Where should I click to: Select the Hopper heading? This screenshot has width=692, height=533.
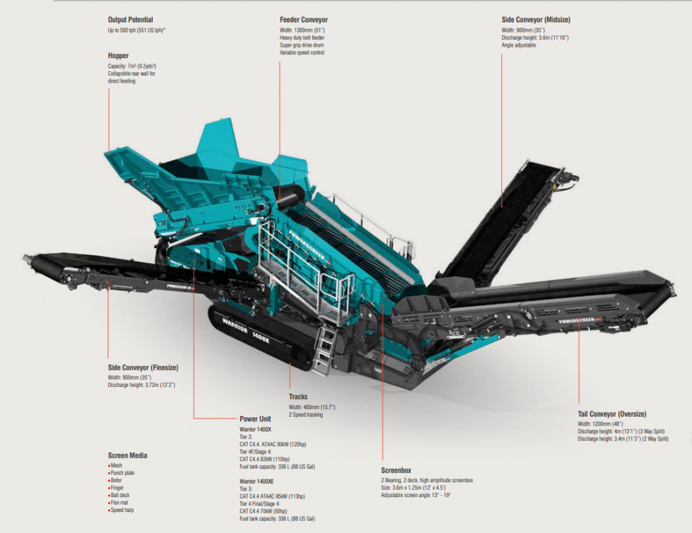click(118, 55)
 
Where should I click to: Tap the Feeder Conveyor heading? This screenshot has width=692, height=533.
click(303, 20)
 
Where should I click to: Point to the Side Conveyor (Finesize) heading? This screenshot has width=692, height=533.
click(143, 367)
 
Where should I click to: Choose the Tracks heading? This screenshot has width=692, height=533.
click(298, 397)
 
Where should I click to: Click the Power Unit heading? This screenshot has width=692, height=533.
click(255, 419)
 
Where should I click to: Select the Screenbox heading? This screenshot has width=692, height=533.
click(396, 471)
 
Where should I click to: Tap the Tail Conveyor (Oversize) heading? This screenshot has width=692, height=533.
click(612, 414)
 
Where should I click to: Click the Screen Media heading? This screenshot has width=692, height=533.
click(127, 455)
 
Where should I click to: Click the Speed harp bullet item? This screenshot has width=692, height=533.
click(122, 510)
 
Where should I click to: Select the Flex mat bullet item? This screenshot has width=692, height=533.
click(120, 503)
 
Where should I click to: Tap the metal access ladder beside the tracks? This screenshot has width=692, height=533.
click(323, 348)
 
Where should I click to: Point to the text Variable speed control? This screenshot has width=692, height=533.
click(302, 53)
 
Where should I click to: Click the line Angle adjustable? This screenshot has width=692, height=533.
click(518, 45)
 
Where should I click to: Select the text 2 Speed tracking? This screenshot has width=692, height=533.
click(306, 415)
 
